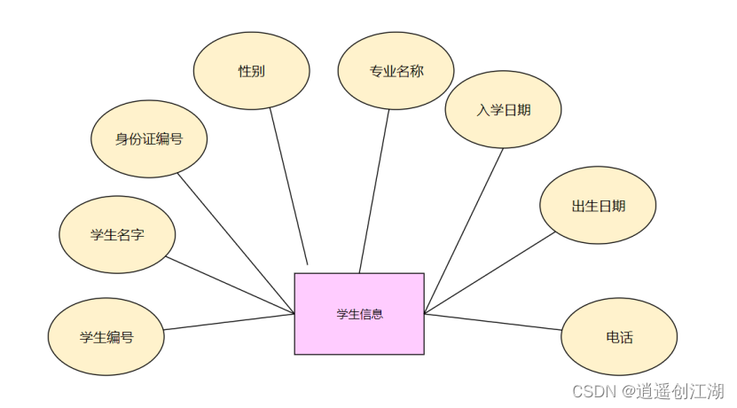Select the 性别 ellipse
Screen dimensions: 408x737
[251, 71]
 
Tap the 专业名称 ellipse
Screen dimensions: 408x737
[396, 71]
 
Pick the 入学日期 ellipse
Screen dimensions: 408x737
[503, 109]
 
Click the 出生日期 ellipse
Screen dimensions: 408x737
[597, 206]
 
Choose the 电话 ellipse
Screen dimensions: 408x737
[619, 337]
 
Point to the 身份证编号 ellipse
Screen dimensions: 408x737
[149, 138]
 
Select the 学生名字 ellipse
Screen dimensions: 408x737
[117, 235]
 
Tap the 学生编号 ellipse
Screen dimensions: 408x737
[106, 337]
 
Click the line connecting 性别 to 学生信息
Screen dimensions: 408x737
[288, 186]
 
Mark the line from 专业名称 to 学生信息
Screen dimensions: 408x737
[374, 191]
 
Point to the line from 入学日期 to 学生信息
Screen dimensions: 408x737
[464, 231]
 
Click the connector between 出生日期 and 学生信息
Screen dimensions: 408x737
[490, 272]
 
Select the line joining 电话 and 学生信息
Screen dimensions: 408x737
[493, 321]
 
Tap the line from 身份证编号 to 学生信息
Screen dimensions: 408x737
[236, 243]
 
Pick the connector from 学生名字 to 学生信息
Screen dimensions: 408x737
[231, 286]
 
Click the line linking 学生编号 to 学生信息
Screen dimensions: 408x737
[229, 321]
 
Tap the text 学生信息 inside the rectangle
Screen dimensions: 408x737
[359, 314]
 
